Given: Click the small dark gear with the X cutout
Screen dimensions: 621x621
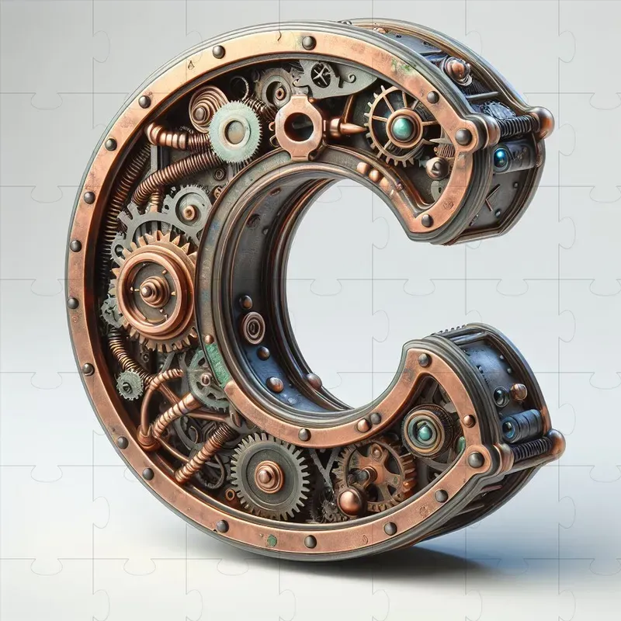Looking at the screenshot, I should pos(320,75).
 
